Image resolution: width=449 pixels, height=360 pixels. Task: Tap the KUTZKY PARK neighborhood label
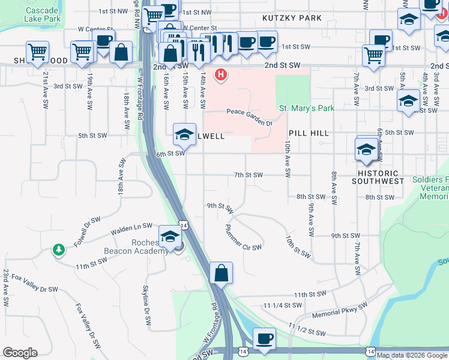pyautogui.click(x=292, y=18)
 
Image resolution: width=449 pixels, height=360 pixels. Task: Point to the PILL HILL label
pyautogui.click(x=309, y=133)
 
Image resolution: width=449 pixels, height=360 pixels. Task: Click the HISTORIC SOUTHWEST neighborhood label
pyautogui.click(x=378, y=177)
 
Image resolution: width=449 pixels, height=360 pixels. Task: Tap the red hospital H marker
pyautogui.click(x=221, y=75)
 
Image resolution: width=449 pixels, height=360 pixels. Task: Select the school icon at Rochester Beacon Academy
pyautogui.click(x=170, y=236)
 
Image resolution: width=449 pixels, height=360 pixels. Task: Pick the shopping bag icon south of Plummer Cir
pyautogui.click(x=221, y=273)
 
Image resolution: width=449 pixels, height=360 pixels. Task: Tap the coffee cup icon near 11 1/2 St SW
pyautogui.click(x=264, y=339)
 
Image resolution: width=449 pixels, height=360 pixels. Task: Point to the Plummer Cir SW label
pyautogui.click(x=243, y=238)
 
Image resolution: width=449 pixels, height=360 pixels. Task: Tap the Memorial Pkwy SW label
pyautogui.click(x=339, y=311)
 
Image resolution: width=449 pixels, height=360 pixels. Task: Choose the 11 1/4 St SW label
pyautogui.click(x=281, y=305)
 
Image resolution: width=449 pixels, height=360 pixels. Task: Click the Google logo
pyautogui.click(x=20, y=353)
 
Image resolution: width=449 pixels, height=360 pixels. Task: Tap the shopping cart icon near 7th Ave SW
pyautogui.click(x=373, y=55)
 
